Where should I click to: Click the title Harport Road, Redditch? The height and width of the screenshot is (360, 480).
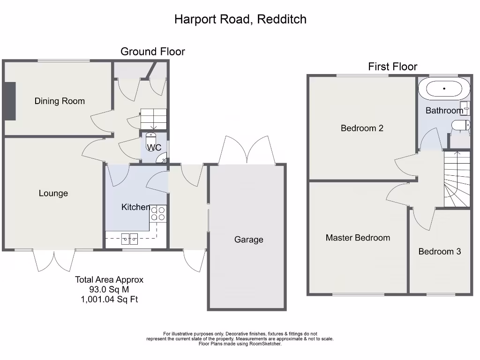240,19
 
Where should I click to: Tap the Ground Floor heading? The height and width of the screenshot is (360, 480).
153,52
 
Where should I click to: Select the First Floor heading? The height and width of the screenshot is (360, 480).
392,67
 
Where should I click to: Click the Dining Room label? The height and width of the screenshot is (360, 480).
60,101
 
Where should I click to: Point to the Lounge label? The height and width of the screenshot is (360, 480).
53,193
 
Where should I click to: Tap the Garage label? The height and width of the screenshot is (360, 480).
248,240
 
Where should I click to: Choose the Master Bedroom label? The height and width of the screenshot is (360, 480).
358,238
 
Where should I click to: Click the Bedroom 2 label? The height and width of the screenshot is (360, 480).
362,128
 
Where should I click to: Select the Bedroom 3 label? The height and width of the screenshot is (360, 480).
439,251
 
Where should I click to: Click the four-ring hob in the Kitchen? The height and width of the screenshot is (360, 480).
158,213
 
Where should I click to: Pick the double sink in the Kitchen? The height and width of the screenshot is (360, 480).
130,239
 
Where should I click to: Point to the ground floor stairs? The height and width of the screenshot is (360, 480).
153,119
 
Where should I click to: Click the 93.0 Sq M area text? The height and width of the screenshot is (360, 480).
109,290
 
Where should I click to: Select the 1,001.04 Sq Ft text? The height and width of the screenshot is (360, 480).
109,299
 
